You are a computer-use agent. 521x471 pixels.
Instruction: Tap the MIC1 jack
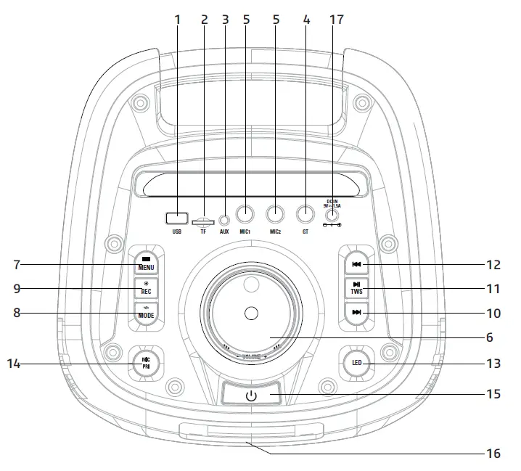[x=246, y=215]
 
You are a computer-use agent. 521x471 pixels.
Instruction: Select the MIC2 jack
[x=276, y=215]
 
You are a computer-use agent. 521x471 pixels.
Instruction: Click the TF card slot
[x=202, y=218]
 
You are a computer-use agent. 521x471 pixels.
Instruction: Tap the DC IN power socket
[x=332, y=215]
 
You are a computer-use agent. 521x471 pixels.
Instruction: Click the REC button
[x=146, y=288]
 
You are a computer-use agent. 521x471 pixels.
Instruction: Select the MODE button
[x=146, y=314]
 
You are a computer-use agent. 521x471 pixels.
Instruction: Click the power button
[x=251, y=396]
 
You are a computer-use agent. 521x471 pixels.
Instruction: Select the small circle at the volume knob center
[x=251, y=313]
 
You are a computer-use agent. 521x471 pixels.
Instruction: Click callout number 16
[x=493, y=454]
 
